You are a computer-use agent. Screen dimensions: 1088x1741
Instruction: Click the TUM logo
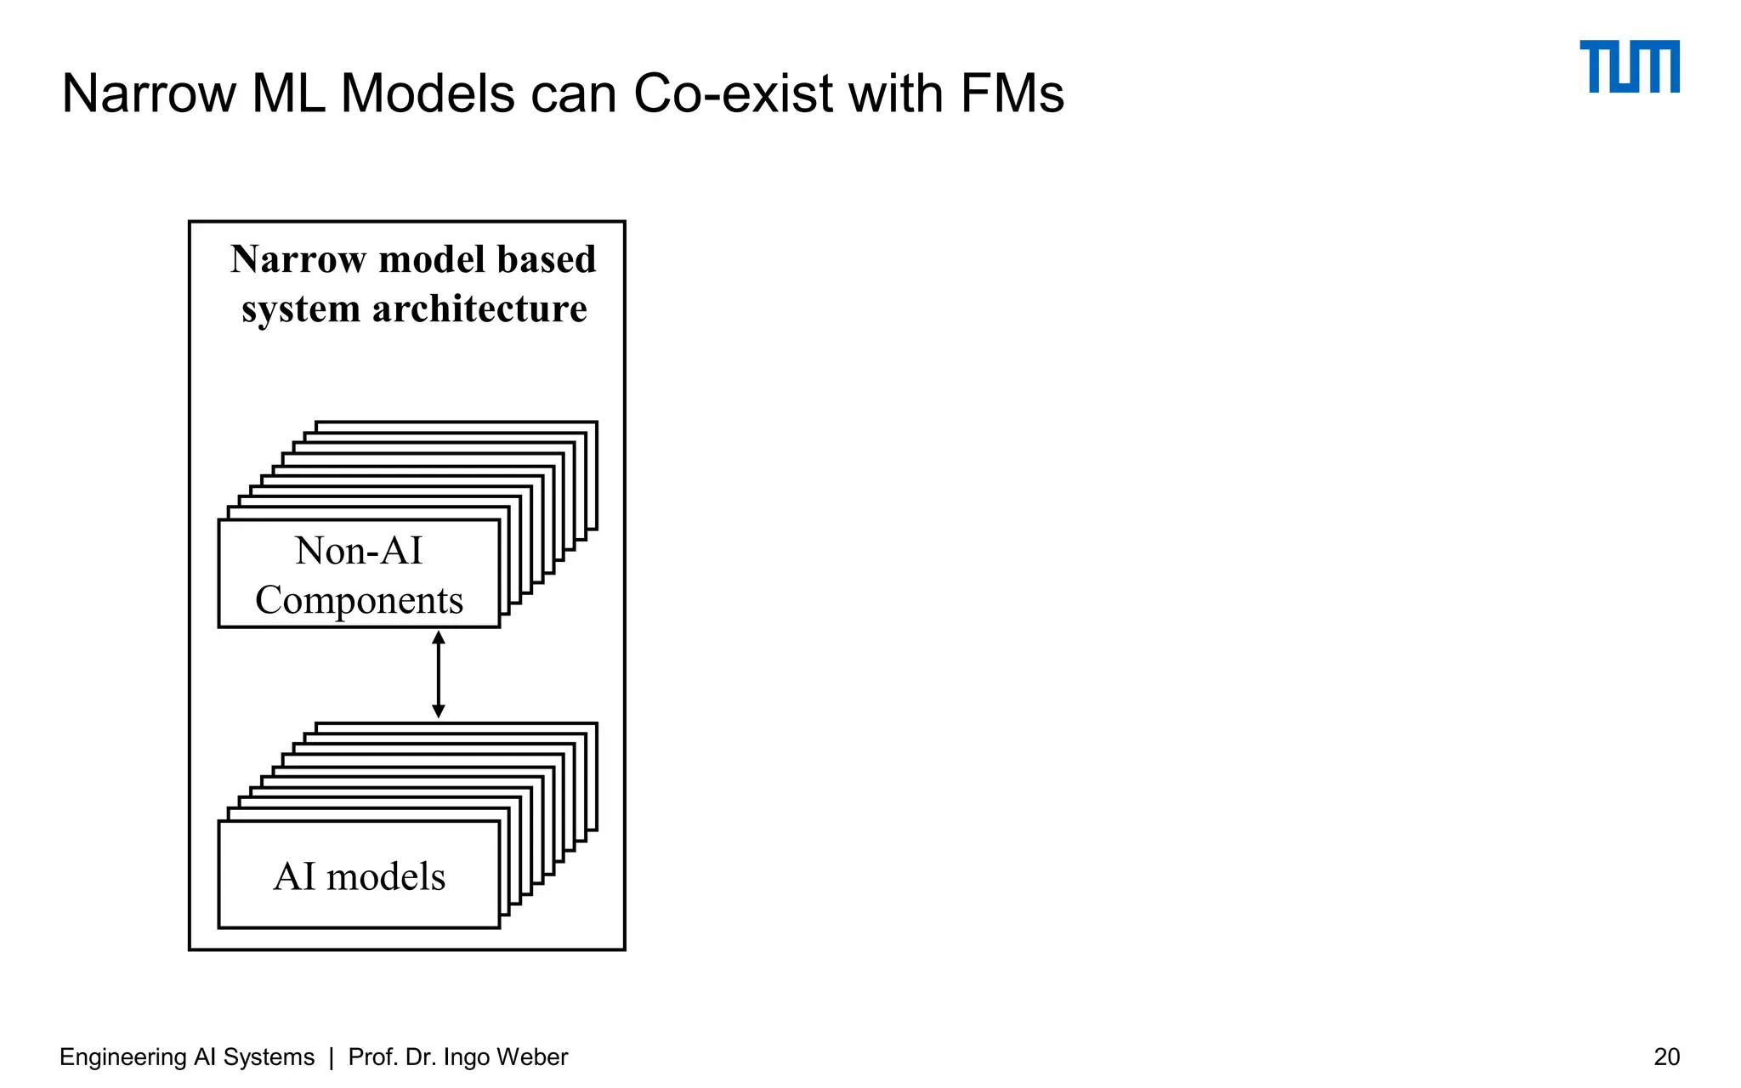(1629, 66)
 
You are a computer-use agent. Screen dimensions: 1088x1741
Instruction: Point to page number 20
(1666, 1057)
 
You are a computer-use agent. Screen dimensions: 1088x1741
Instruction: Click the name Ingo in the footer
(466, 1057)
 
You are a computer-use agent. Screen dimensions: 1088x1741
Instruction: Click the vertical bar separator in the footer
(332, 1057)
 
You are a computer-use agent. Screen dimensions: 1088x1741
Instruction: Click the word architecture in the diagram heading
(479, 309)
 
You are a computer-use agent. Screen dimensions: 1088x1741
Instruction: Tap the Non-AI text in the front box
(359, 551)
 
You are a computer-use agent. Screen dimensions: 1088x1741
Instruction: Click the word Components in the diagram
(359, 600)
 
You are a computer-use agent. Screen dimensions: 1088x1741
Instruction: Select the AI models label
(359, 876)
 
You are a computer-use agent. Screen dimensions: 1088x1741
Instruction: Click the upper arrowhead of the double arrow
(439, 637)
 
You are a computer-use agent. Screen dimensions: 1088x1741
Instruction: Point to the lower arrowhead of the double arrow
(439, 711)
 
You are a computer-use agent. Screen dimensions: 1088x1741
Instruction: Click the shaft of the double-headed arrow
(439, 674)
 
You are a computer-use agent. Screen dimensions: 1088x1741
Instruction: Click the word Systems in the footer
(269, 1057)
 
